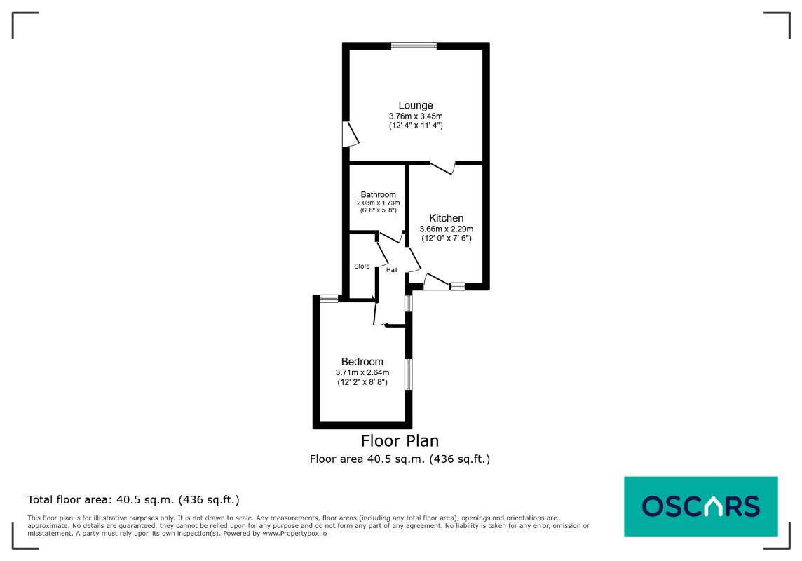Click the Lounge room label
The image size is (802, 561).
[415, 105]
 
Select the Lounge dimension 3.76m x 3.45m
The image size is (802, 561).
[415, 116]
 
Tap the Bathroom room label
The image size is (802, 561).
[378, 194]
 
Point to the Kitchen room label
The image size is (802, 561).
[446, 218]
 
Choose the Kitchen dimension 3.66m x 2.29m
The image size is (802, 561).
[446, 229]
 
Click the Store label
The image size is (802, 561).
[362, 266]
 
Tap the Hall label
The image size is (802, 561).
[392, 269]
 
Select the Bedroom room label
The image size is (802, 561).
[362, 362]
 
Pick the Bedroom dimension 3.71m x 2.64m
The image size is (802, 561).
[362, 372]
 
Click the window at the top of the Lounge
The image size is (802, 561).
[414, 46]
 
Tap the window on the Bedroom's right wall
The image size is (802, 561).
[409, 374]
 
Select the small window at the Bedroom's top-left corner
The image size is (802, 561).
[329, 298]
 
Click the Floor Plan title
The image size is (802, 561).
[400, 440]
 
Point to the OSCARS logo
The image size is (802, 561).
[701, 506]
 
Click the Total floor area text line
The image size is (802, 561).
[133, 499]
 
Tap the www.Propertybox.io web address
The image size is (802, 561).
[294, 534]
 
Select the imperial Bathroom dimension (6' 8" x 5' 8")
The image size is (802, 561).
[378, 210]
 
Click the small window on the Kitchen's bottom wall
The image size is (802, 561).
[457, 287]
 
